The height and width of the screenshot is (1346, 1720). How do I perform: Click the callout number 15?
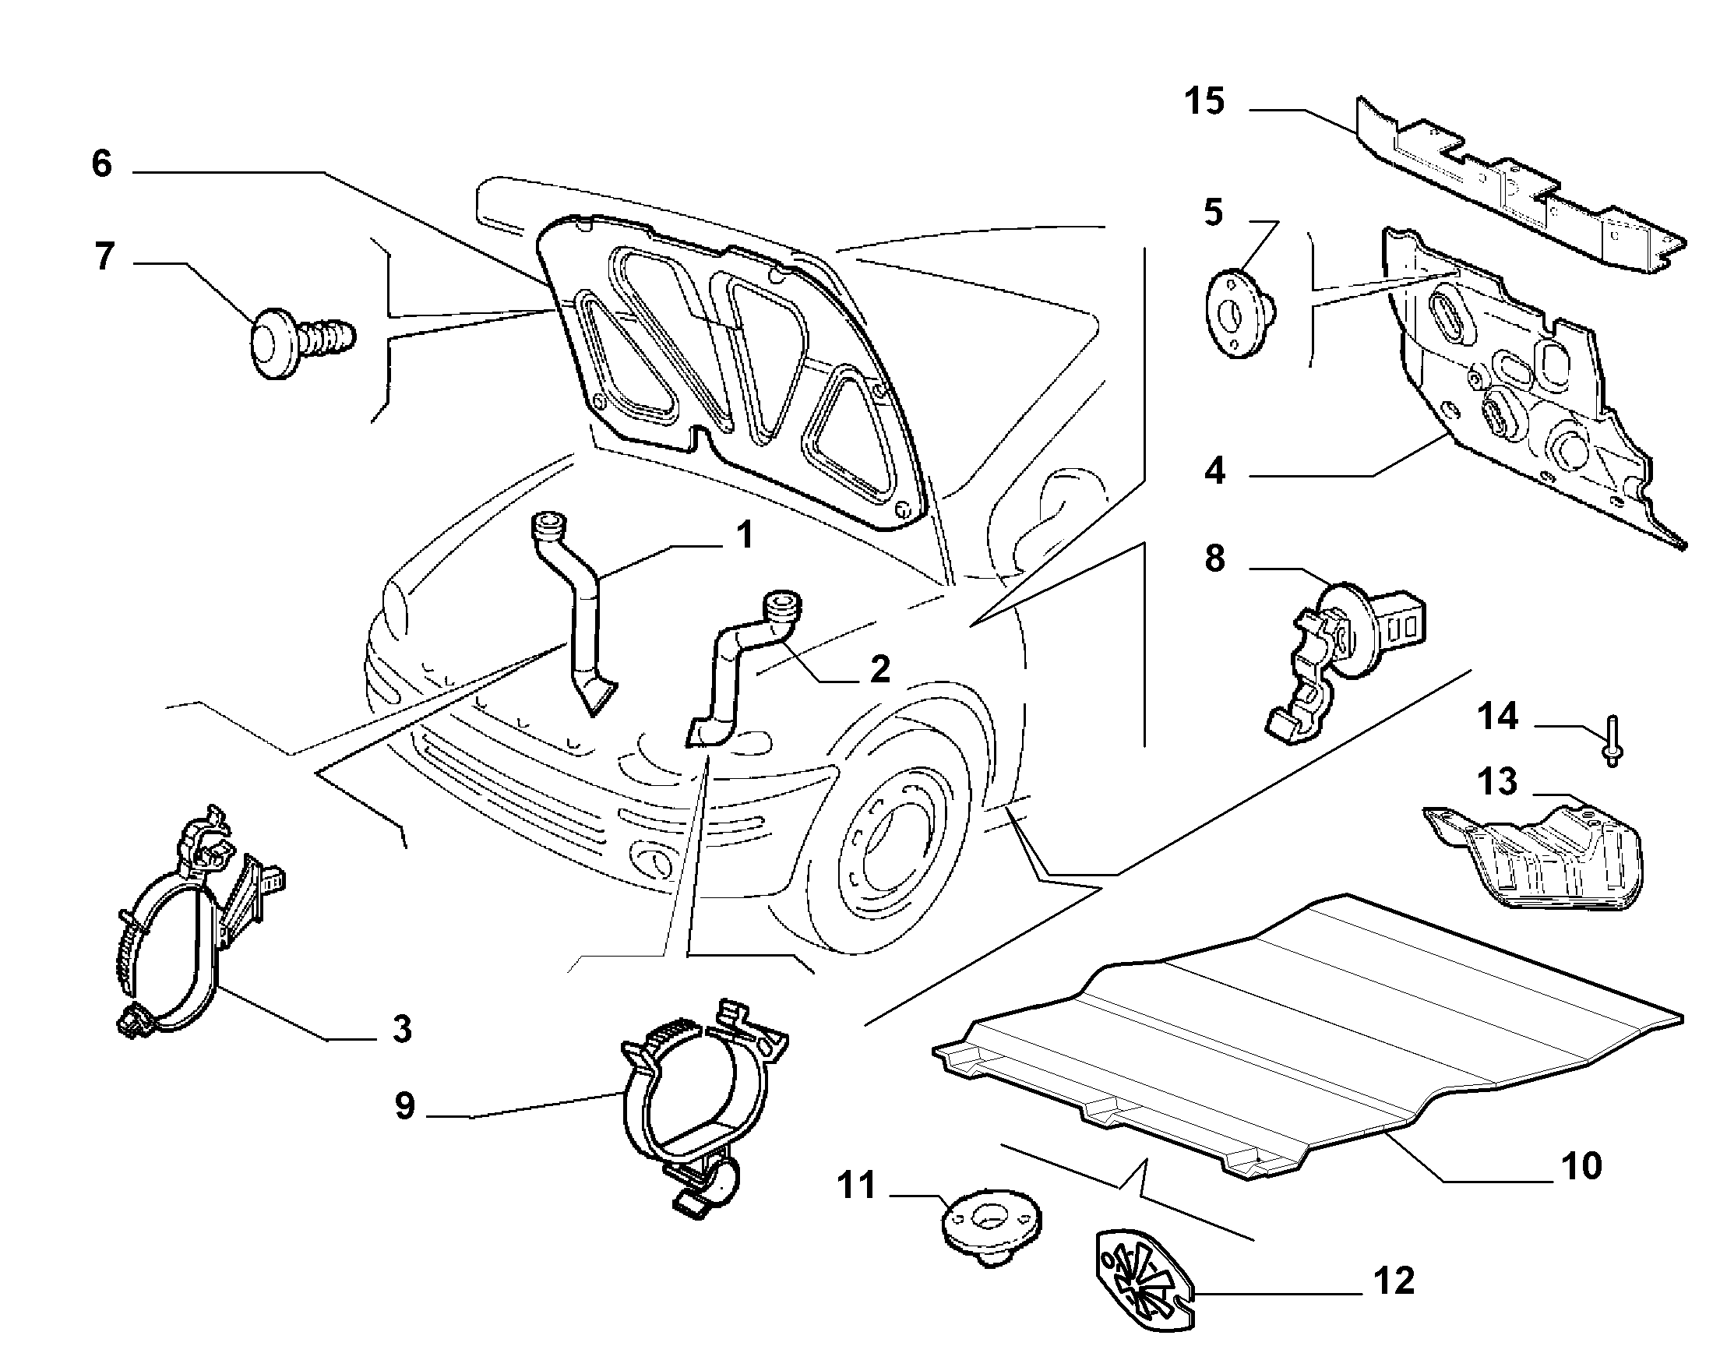(x=1206, y=103)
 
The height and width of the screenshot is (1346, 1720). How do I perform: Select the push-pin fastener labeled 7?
(x=302, y=344)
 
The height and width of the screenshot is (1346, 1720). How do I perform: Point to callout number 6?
(x=102, y=164)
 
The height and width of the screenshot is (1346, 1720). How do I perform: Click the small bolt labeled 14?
(x=1609, y=741)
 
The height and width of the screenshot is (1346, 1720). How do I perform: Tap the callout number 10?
(x=1581, y=1165)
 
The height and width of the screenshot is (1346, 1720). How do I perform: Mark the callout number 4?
(x=1215, y=470)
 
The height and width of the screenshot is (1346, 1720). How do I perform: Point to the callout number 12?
(x=1394, y=1281)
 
